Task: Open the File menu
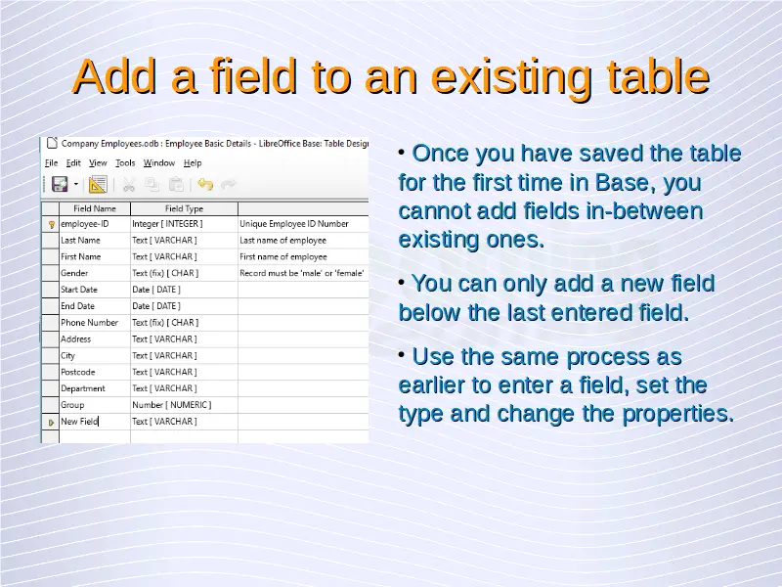point(51,162)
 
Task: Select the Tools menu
point(125,162)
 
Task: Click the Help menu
point(193,162)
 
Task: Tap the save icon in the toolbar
point(60,184)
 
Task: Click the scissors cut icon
point(129,185)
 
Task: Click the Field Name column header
point(95,208)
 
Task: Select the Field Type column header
point(184,208)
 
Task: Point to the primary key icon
point(51,225)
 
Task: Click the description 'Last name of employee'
point(282,240)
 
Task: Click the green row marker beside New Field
point(51,423)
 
